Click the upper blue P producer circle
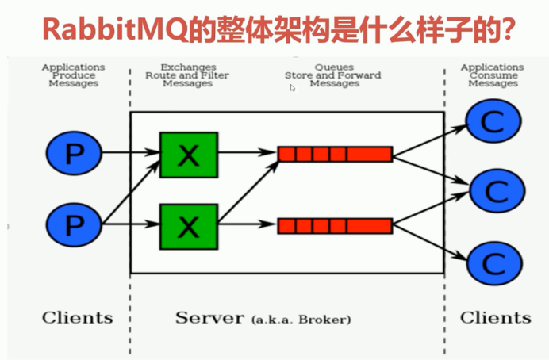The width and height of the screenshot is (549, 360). (73, 154)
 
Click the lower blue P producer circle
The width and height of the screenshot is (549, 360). (73, 225)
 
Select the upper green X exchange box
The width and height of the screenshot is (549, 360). (188, 155)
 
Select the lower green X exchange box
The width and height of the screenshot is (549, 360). (188, 226)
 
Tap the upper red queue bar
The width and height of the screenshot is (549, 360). (335, 154)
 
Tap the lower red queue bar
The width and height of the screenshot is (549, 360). (335, 226)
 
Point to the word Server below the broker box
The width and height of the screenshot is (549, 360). (209, 318)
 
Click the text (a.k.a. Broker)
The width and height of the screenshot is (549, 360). (301, 320)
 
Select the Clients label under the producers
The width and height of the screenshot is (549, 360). (77, 318)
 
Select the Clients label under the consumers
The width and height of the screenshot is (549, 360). (496, 318)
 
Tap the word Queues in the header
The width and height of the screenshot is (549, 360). (334, 67)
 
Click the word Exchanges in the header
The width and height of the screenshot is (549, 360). (187, 67)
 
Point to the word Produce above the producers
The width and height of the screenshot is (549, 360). (73, 75)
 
